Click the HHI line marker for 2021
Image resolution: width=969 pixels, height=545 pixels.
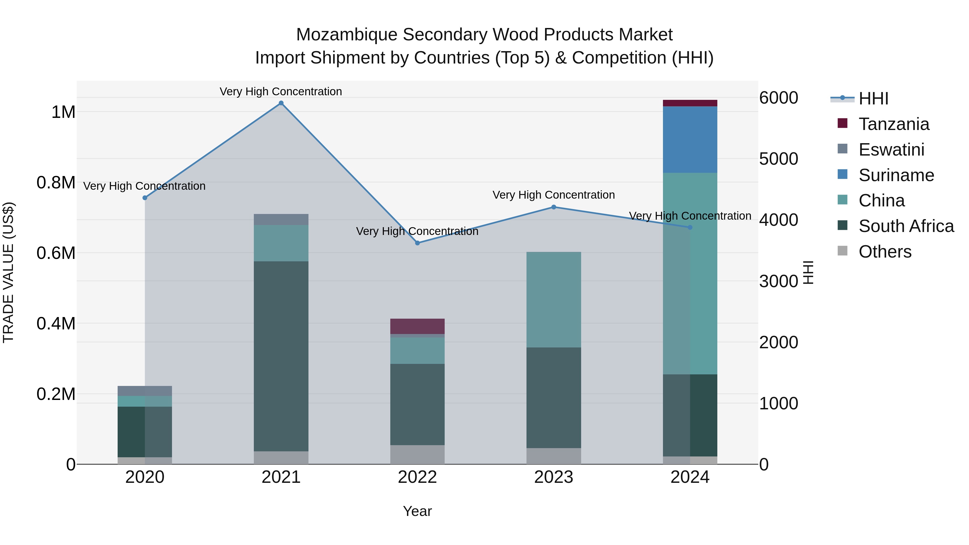pos(281,103)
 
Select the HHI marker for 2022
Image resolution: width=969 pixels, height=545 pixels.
pos(417,243)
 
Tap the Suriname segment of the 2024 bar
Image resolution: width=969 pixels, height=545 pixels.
pos(690,139)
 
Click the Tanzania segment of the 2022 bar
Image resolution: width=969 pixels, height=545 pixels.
pos(417,326)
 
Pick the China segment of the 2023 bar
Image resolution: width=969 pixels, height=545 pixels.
pos(553,299)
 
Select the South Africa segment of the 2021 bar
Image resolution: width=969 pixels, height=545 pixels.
pos(281,356)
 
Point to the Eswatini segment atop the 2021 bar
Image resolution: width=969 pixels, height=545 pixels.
pos(281,219)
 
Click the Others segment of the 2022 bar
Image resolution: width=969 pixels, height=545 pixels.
pos(417,454)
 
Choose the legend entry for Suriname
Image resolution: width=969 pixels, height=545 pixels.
pos(896,175)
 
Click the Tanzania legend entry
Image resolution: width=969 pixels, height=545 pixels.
pos(894,124)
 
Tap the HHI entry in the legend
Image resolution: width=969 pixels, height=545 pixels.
pos(873,99)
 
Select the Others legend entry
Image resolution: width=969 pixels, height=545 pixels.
pos(885,252)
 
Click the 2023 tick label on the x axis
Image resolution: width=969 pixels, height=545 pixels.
pos(553,477)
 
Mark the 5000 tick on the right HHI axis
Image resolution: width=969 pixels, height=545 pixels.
pos(778,159)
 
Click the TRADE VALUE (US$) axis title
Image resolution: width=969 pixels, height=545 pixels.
pos(8,272)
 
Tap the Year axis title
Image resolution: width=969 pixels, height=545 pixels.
pos(417,511)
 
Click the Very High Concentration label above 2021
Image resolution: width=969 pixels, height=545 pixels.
pos(281,92)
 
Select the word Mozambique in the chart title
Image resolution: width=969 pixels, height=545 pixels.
pos(346,35)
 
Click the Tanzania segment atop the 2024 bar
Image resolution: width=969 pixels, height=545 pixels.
pos(690,103)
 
